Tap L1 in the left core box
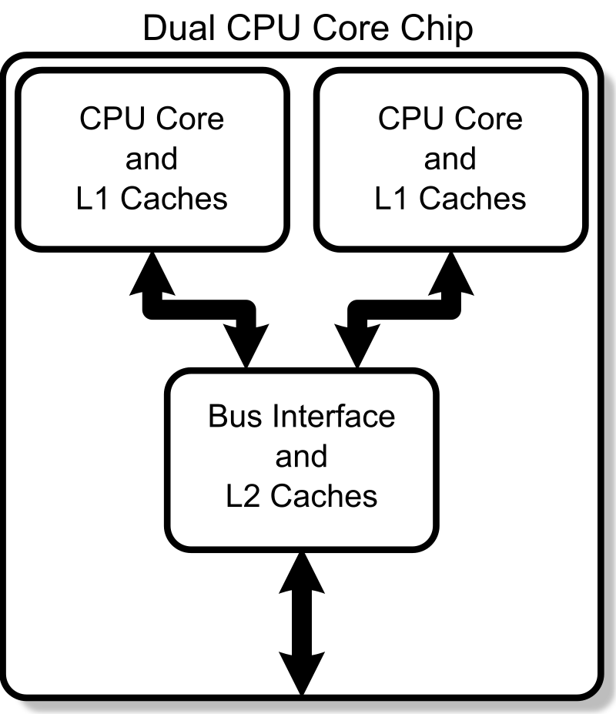[x=95, y=199]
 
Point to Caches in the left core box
[x=174, y=199]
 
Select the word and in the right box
[x=450, y=159]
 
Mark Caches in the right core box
[x=473, y=199]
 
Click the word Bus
[x=229, y=417]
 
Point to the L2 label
[x=244, y=496]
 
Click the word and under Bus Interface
[x=301, y=457]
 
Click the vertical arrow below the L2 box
[x=302, y=624]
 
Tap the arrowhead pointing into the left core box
[x=152, y=273]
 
